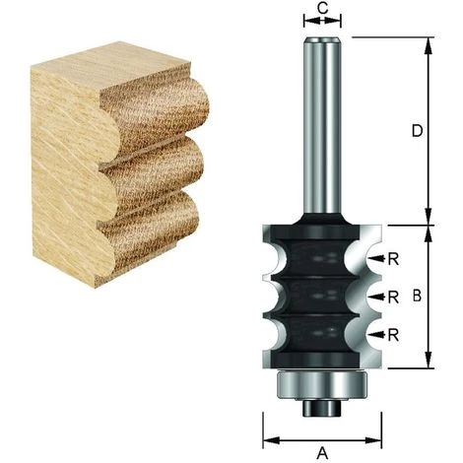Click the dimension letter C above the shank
[321, 10]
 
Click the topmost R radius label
[394, 259]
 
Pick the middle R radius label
[394, 296]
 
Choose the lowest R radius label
[394, 335]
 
